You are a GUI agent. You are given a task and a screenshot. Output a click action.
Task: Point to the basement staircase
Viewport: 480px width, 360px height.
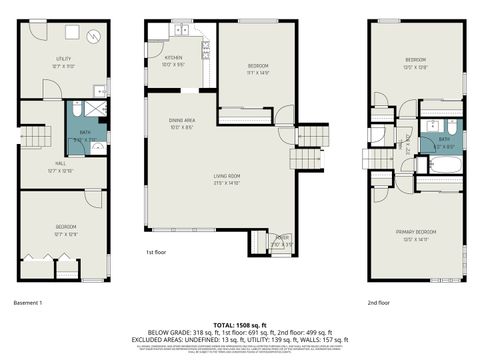(x=37, y=136)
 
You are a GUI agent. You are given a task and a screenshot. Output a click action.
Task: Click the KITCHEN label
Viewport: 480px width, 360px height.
(x=172, y=61)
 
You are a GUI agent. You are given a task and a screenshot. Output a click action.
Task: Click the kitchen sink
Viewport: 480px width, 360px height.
(x=201, y=45)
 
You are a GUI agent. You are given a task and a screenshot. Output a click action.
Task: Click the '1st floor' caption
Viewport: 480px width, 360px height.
(x=156, y=253)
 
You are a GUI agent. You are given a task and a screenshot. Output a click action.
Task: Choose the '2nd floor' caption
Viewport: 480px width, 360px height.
(x=379, y=301)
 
